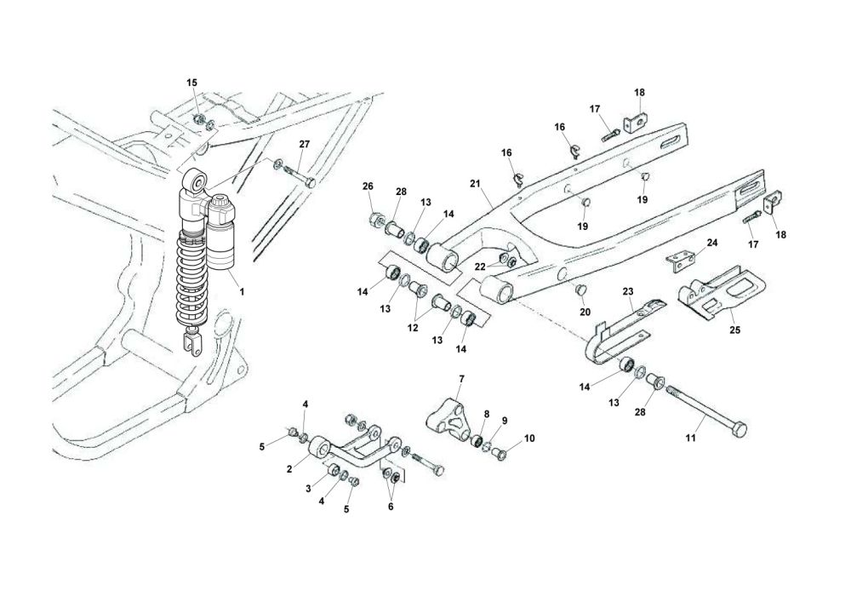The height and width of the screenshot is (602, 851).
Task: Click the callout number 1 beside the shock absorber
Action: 242,291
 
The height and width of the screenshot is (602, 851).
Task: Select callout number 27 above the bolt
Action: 305,145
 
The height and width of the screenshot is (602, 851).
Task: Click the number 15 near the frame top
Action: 191,83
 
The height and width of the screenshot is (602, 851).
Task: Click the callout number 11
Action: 691,439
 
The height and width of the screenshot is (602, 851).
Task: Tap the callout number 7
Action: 461,378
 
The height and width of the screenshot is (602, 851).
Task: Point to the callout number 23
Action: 628,291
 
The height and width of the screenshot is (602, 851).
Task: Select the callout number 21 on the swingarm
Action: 475,183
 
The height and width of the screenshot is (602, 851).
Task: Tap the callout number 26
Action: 368,186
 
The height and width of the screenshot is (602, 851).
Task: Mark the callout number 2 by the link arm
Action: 290,468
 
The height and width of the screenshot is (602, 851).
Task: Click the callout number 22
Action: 480,267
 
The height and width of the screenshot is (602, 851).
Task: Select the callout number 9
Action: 504,421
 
